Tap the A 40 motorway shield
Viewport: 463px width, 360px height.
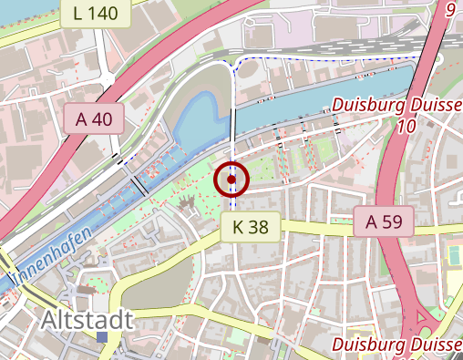coord(94,118)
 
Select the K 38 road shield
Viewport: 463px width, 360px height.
coord(250,227)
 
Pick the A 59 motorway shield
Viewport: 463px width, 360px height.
coord(384,221)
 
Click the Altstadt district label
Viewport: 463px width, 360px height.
coord(87,320)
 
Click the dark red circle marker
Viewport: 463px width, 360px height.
coord(231,180)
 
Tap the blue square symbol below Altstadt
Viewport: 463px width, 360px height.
coord(102,337)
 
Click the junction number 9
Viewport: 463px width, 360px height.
coord(449,10)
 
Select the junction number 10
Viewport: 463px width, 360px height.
coord(406,126)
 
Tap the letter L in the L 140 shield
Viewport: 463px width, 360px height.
coord(77,13)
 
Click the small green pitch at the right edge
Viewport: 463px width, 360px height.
coord(453,255)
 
